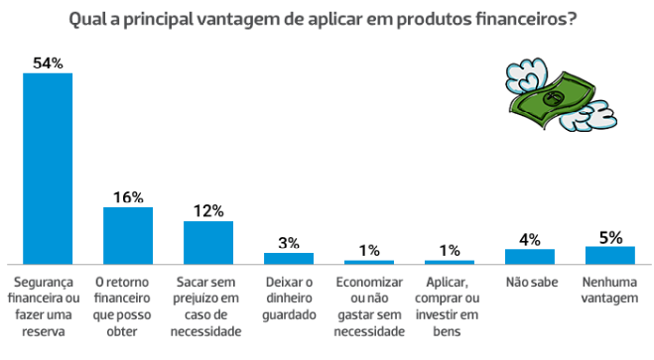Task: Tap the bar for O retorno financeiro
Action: point(128,235)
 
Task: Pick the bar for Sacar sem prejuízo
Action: point(208,242)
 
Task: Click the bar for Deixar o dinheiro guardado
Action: point(289,258)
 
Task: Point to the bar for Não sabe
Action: point(529,256)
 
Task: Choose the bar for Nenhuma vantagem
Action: point(609,254)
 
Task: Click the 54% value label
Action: point(48,63)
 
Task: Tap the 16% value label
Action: point(128,197)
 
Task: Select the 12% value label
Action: point(208,211)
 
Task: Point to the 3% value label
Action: point(289,243)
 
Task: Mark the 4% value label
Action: point(529,239)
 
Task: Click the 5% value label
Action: point(609,236)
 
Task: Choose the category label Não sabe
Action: point(529,281)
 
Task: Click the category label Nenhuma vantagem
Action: point(609,288)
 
